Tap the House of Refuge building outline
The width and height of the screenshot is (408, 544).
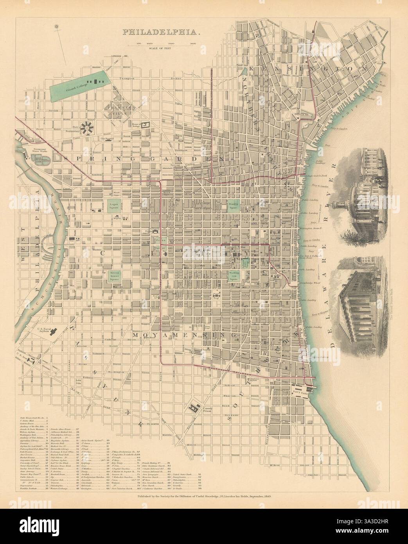pyautogui.click(x=147, y=124)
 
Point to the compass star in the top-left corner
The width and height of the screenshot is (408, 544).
pyautogui.click(x=58, y=27)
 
